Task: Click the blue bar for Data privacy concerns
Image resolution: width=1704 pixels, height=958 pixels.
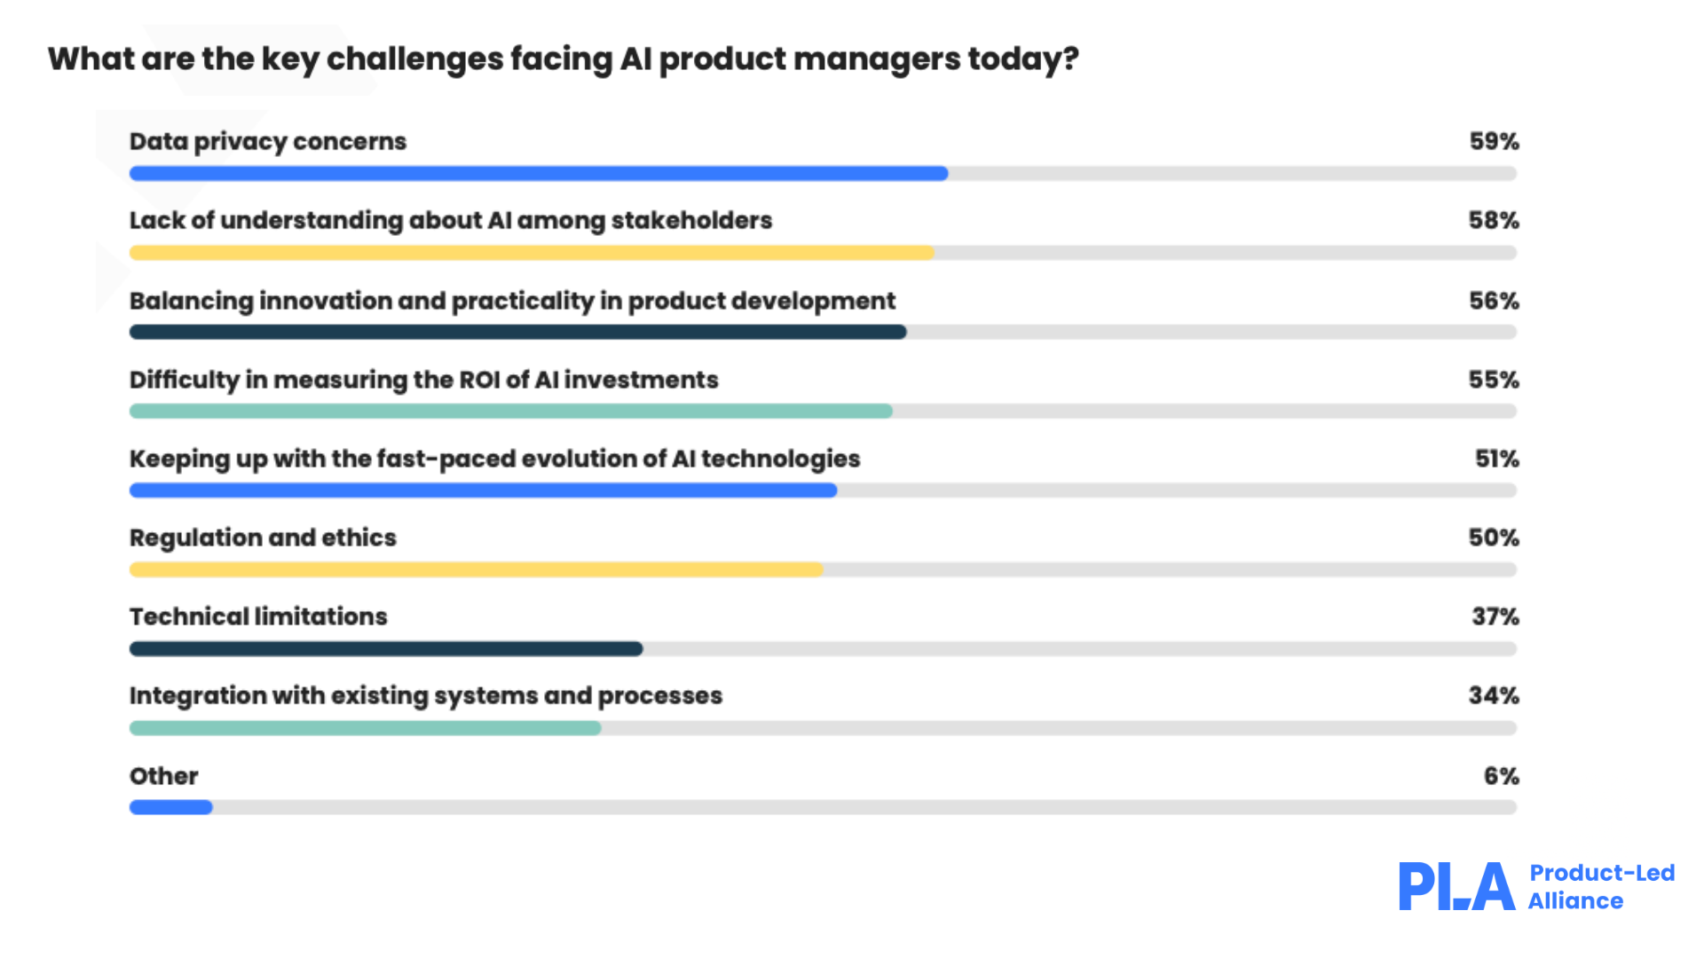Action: (538, 174)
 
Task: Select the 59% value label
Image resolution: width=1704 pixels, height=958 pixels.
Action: (1494, 142)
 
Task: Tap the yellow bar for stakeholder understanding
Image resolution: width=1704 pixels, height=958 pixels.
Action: (532, 253)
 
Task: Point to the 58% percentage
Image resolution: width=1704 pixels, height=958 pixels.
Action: (1494, 221)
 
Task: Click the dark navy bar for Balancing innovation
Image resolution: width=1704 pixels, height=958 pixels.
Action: (517, 332)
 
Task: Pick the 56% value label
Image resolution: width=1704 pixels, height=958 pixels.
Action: (1494, 302)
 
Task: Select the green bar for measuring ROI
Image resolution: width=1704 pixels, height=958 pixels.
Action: (510, 411)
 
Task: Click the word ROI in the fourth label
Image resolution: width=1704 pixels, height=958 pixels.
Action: (479, 380)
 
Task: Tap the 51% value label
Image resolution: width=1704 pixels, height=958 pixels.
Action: (1496, 459)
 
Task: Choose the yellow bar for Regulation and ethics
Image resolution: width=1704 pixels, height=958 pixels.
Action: (476, 569)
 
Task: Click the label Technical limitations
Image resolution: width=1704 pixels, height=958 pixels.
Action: (258, 616)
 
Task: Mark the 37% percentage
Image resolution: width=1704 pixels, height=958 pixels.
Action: (1495, 617)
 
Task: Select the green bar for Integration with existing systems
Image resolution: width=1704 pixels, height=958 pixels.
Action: (365, 728)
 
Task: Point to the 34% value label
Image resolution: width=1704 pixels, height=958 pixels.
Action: (1494, 696)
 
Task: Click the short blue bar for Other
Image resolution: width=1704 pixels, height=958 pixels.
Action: (170, 807)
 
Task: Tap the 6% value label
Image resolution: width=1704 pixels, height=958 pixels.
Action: (1501, 777)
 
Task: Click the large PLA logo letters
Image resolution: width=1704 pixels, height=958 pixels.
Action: (1455, 886)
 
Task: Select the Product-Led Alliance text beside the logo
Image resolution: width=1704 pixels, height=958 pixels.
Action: (1600, 887)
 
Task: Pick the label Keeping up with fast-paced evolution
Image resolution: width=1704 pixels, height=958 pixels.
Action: (494, 459)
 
